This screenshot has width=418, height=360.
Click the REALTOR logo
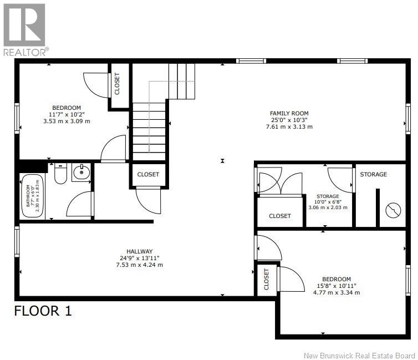[24, 28]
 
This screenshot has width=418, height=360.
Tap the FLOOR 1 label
[43, 311]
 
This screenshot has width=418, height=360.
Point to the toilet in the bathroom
[62, 174]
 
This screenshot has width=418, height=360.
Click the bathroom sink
[83, 172]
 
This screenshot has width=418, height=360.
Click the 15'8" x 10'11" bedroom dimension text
[336, 286]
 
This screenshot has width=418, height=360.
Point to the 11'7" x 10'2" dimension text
[67, 114]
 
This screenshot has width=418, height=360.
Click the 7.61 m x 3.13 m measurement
[289, 126]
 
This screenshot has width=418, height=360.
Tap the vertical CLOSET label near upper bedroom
[117, 84]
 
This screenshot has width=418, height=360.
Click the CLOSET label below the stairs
[148, 174]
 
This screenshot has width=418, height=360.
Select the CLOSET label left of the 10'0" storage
[279, 216]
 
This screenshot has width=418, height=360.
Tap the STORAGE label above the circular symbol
[373, 174]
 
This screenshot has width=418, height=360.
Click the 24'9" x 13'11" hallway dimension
[136, 258]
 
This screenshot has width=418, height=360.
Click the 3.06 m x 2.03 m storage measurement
[328, 207]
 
